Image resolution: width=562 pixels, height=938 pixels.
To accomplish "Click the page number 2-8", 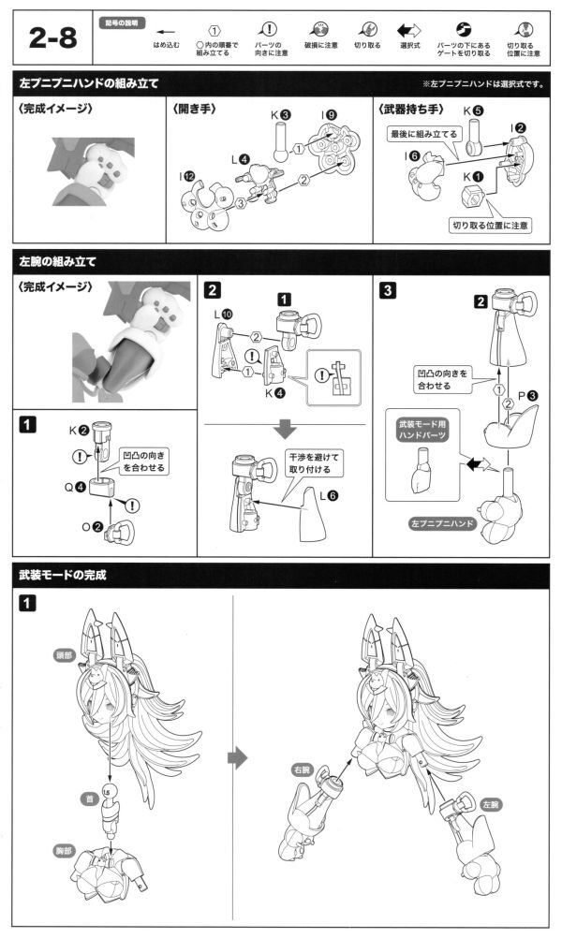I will pyautogui.click(x=55, y=40).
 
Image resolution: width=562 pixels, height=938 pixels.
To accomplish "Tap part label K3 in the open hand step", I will pyautogui.click(x=280, y=116).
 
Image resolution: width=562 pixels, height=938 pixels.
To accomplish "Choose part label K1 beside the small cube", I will pyautogui.click(x=473, y=175).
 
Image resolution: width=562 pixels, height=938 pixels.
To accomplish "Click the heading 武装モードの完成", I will pyautogui.click(x=63, y=575).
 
